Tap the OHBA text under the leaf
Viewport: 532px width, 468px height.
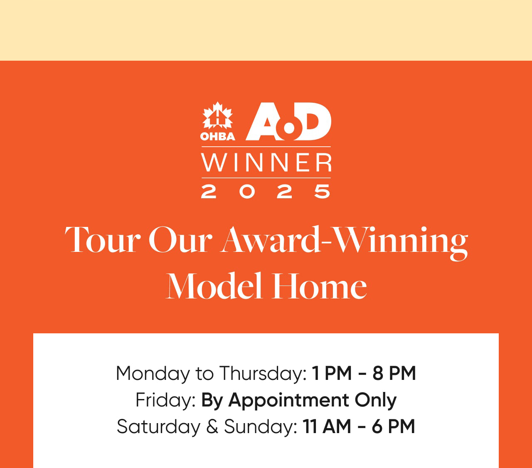pyautogui.click(x=217, y=136)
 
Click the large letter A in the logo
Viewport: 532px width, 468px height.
pyautogui.click(x=266, y=121)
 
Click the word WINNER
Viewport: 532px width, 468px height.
pyautogui.click(x=266, y=163)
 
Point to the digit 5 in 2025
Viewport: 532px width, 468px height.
pyautogui.click(x=322, y=191)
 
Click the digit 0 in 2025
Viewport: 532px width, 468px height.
pyautogui.click(x=247, y=191)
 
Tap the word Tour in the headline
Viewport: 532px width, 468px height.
pyautogui.click(x=103, y=239)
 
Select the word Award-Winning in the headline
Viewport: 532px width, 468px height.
pyautogui.click(x=344, y=242)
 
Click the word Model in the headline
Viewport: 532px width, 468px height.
pyautogui.click(x=214, y=286)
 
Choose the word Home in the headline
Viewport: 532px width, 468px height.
pyautogui.click(x=319, y=286)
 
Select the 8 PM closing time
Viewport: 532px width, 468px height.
pyautogui.click(x=394, y=373)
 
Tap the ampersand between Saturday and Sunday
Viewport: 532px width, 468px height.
pyautogui.click(x=212, y=427)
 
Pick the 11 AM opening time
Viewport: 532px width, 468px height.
pyautogui.click(x=327, y=426)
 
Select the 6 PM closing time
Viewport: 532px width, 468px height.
pyautogui.click(x=393, y=426)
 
